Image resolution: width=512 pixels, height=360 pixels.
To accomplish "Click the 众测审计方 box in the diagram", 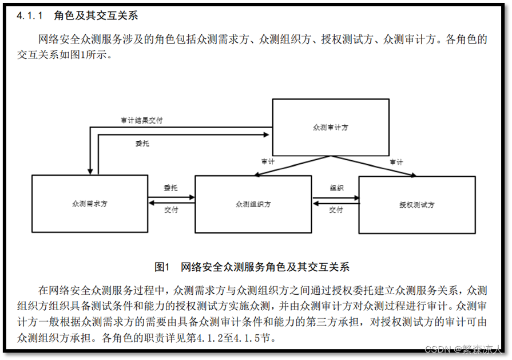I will pos(330,126).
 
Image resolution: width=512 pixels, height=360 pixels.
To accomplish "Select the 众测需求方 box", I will pos(90,203).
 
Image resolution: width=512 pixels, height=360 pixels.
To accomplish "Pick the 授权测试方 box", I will pos(416,204).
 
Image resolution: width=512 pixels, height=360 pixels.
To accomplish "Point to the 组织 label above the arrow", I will pos(336,188).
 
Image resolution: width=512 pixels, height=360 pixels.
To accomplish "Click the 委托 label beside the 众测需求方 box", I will pos(170,188).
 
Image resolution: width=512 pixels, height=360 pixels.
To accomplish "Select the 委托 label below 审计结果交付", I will pos(143,144).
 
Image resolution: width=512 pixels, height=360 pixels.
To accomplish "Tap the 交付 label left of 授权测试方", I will pos(336,210).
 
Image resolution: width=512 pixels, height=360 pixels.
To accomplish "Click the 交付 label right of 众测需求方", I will pos(171,210).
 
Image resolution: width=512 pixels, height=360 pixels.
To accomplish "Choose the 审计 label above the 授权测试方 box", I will pos(396,162).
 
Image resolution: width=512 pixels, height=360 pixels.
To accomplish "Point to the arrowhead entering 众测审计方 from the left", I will pos(267,135).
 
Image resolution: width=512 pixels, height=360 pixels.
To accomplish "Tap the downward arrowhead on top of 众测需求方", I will pos(90,170).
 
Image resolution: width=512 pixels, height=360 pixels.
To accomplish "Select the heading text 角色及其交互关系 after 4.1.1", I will pos(96,15).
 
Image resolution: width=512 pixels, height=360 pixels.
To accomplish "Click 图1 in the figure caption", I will pos(163,267).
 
